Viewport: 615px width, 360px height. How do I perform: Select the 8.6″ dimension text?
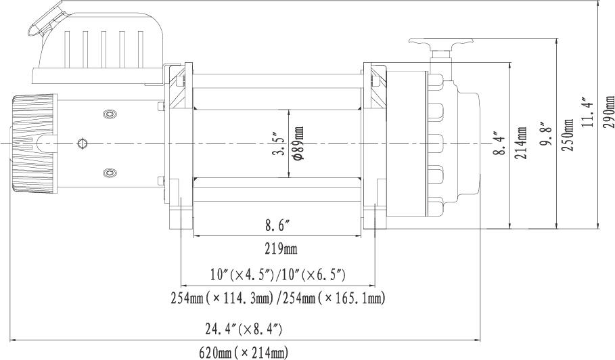pyautogui.click(x=277, y=225)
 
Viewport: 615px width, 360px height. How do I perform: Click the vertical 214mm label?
pyautogui.click(x=521, y=143)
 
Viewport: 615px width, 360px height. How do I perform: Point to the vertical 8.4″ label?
pyautogui.click(x=500, y=143)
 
